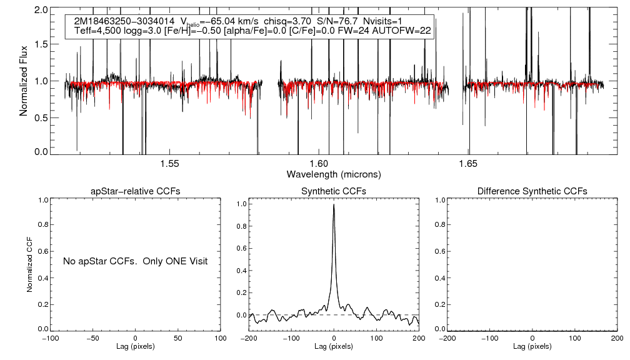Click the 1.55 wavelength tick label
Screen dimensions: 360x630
170,164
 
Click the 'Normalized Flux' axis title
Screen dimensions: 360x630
24,81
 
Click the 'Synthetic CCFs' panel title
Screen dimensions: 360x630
334,191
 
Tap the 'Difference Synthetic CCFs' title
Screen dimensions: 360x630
532,191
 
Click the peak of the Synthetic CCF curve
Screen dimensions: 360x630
334,204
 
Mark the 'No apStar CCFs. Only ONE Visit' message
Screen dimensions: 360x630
135,261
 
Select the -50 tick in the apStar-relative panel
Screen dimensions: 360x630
92,338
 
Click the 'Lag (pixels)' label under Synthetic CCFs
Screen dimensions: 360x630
334,346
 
